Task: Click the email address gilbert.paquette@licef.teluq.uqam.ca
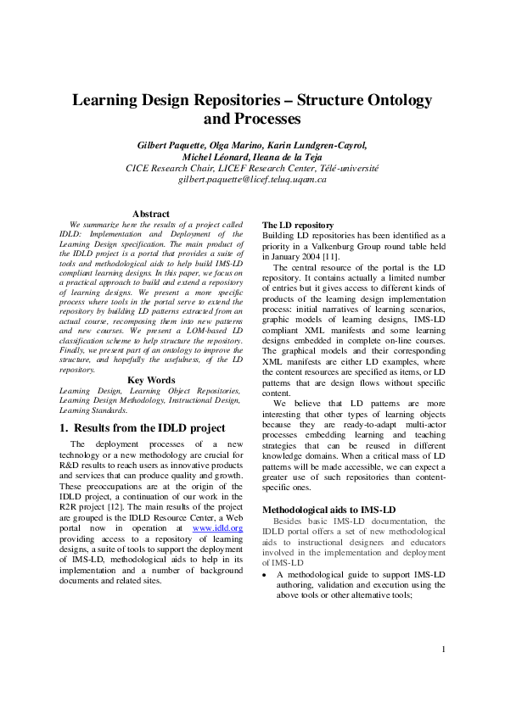[x=252, y=180]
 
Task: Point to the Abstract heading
[x=151, y=214]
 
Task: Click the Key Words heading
[x=151, y=380]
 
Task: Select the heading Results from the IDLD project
[x=149, y=427]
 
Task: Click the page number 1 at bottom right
[x=443, y=674]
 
